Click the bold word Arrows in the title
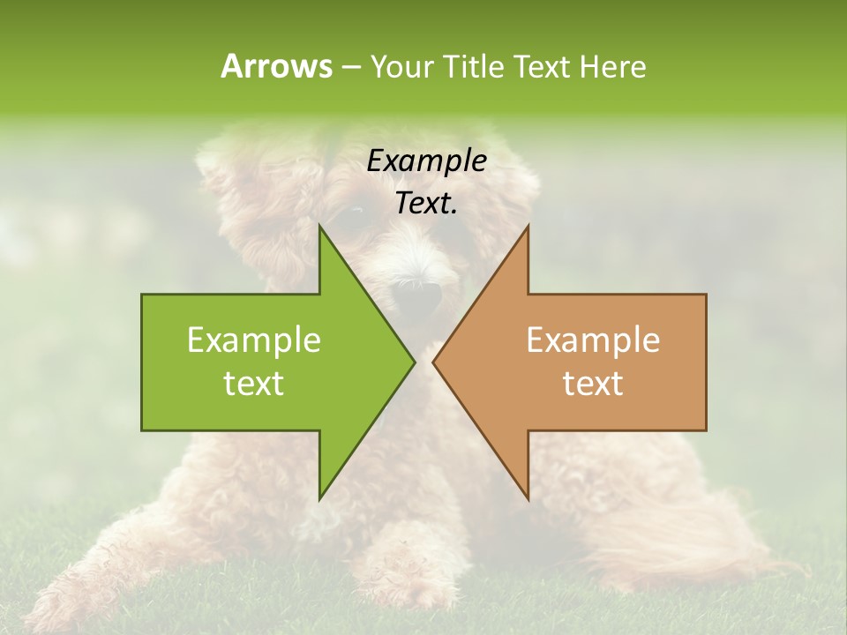[276, 66]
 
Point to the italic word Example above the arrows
[427, 161]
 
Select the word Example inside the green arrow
[254, 340]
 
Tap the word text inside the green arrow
[254, 384]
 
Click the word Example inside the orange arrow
[593, 340]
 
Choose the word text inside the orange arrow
[593, 384]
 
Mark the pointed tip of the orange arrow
[434, 362]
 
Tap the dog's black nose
[416, 301]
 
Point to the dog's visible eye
[353, 213]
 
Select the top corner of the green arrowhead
[320, 228]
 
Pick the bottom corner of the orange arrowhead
[528, 498]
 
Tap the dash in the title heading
[351, 68]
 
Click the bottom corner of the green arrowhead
[320, 498]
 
